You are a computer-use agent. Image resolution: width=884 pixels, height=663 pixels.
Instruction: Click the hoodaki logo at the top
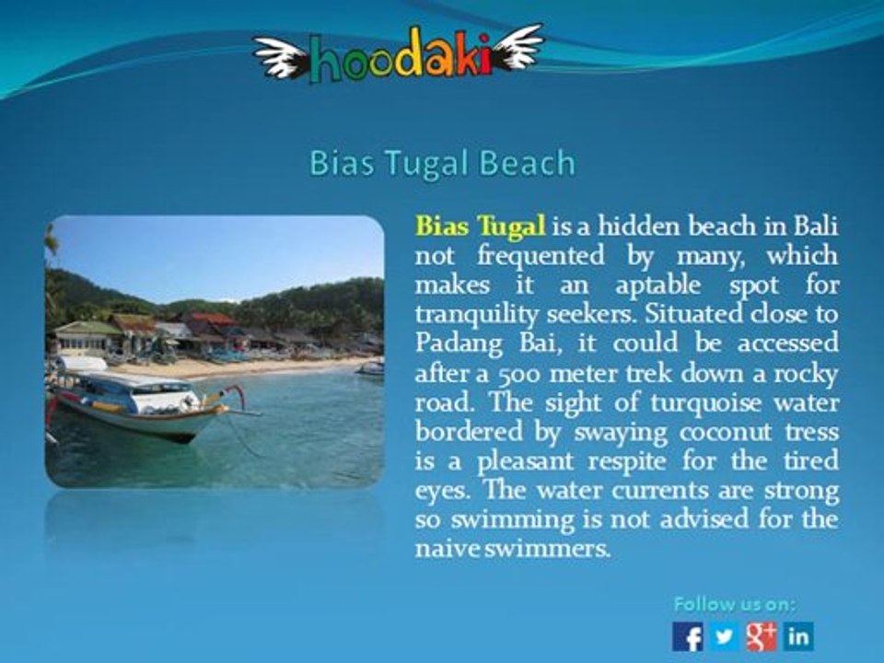click(399, 56)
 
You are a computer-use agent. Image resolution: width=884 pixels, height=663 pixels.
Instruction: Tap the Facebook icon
click(687, 636)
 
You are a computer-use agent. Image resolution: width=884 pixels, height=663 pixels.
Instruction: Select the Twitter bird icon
click(724, 636)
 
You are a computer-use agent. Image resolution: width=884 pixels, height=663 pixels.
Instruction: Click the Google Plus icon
click(761, 636)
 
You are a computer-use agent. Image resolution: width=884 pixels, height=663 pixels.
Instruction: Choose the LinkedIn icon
click(798, 636)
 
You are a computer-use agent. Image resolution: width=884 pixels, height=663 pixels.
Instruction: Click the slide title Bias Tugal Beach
click(442, 163)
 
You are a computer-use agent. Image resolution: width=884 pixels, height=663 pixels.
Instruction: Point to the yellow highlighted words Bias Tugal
click(481, 226)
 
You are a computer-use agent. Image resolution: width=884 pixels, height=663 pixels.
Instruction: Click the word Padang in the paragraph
click(458, 343)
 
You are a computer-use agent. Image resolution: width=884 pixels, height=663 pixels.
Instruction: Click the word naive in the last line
click(443, 549)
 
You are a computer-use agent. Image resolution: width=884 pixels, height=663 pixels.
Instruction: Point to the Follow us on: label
click(735, 604)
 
